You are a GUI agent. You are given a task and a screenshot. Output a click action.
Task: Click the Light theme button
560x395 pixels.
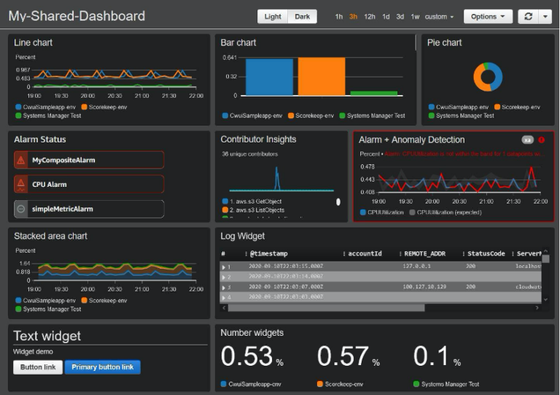273,17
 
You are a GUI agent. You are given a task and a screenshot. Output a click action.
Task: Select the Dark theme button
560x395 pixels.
302,17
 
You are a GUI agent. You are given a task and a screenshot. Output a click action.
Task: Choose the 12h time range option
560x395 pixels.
370,17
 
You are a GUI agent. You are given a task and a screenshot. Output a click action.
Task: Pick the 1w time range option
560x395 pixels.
415,17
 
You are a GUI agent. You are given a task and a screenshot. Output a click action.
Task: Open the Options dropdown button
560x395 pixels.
488,17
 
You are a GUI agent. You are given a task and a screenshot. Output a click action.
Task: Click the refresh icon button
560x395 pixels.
528,17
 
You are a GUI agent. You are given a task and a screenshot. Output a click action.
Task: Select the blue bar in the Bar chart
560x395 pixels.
269,77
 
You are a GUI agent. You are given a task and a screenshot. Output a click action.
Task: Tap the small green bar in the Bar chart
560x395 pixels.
374,93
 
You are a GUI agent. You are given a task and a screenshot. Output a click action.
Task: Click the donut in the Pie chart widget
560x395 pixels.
488,77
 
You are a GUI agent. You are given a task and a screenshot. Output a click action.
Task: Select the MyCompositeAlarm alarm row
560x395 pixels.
89,160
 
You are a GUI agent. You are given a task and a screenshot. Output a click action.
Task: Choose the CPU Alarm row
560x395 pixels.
89,185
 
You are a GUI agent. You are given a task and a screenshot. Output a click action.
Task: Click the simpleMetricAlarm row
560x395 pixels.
89,209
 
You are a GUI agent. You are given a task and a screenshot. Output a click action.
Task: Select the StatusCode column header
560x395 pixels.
486,254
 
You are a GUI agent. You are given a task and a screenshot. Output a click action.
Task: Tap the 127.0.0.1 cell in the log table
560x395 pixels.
416,266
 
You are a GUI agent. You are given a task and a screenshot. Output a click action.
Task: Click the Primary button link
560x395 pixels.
102,367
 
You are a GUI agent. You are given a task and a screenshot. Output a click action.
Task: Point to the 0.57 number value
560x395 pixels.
343,356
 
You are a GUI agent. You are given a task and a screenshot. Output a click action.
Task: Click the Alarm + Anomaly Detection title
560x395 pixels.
411,139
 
